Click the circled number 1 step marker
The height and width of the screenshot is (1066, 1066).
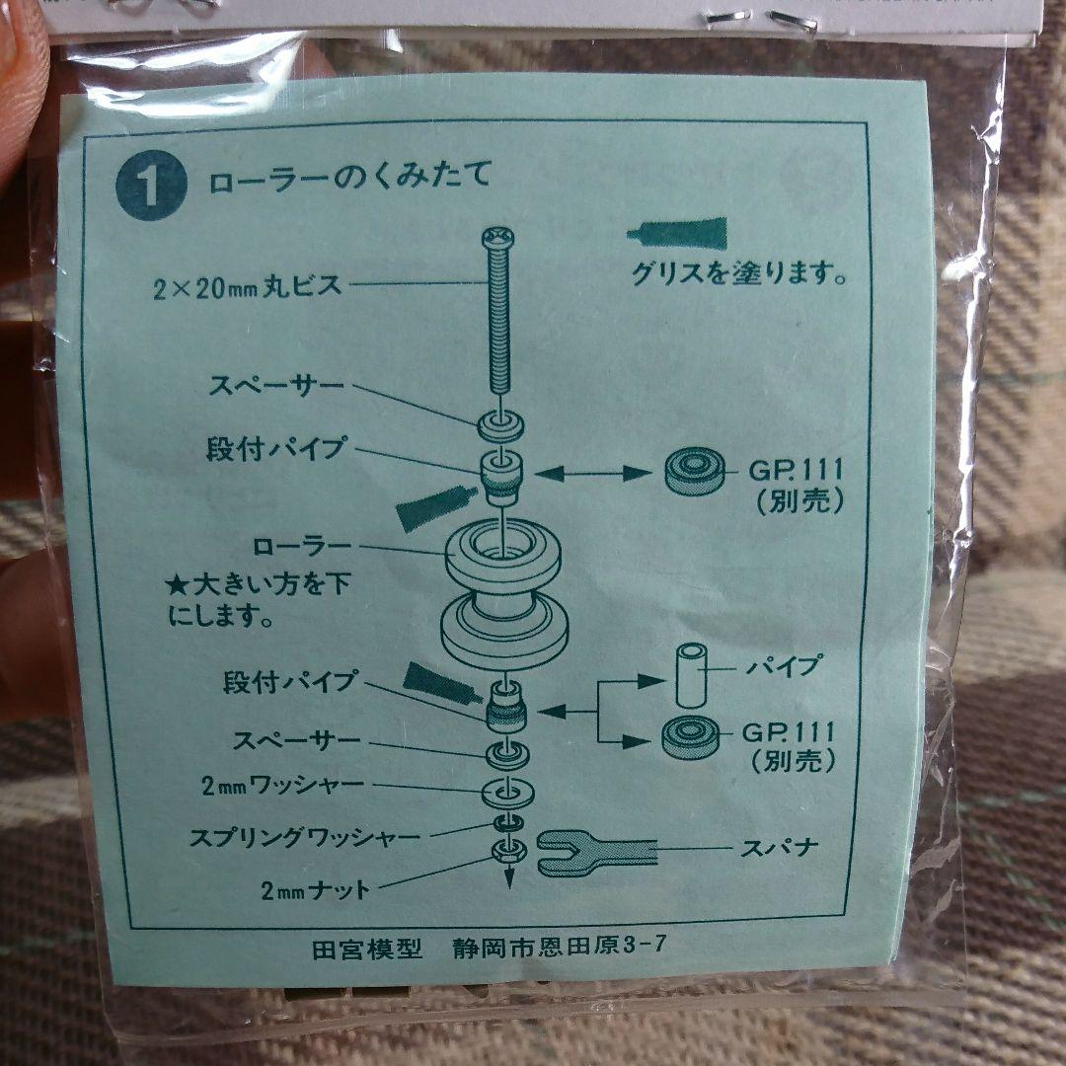click(151, 189)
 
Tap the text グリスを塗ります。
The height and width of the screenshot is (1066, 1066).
click(740, 272)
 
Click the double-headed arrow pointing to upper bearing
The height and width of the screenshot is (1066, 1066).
click(592, 475)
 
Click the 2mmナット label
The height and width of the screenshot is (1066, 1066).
click(316, 889)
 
